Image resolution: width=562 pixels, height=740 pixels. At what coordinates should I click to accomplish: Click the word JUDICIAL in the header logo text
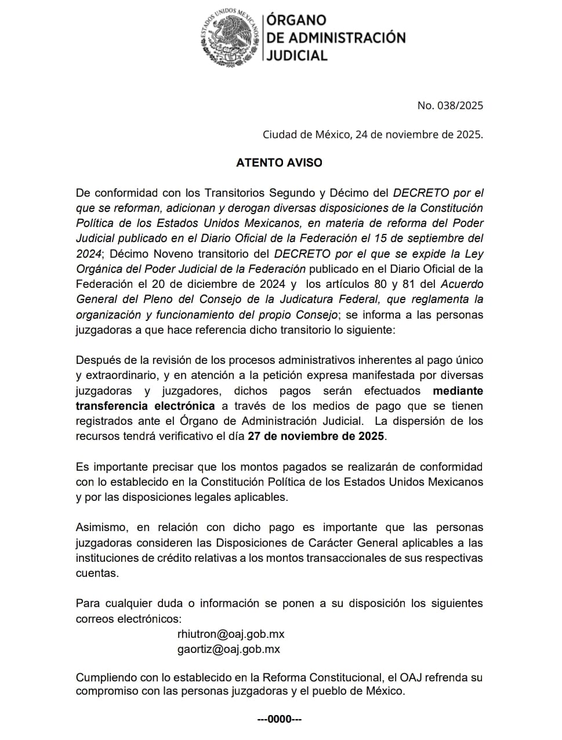tap(297, 55)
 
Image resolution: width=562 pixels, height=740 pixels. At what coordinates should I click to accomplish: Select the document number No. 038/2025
tap(449, 105)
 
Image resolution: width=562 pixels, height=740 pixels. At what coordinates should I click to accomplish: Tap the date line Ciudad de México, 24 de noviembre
tap(372, 135)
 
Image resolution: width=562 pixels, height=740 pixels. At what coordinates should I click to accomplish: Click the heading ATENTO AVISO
tap(279, 163)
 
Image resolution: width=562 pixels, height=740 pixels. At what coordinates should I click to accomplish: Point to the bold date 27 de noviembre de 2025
tap(316, 436)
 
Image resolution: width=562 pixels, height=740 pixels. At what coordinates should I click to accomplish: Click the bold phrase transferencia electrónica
tap(145, 406)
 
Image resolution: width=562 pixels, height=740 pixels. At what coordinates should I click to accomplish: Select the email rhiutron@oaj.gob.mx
tap(231, 634)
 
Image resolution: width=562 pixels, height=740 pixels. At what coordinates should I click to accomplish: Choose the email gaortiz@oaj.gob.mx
tap(229, 649)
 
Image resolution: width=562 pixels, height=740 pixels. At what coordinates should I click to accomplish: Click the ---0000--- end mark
tap(280, 720)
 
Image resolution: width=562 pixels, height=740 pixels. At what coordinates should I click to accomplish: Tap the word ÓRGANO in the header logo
tap(296, 20)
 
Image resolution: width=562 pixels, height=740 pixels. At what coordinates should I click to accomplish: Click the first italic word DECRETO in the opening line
tap(421, 193)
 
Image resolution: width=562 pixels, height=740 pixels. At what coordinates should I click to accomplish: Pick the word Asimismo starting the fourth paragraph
tap(101, 528)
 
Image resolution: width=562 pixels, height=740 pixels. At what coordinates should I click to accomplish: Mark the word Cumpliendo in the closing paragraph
tap(104, 677)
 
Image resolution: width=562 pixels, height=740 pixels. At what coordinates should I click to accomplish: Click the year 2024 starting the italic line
tap(89, 254)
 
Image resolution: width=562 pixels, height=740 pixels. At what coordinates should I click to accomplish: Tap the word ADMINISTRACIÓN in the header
tap(336, 38)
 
